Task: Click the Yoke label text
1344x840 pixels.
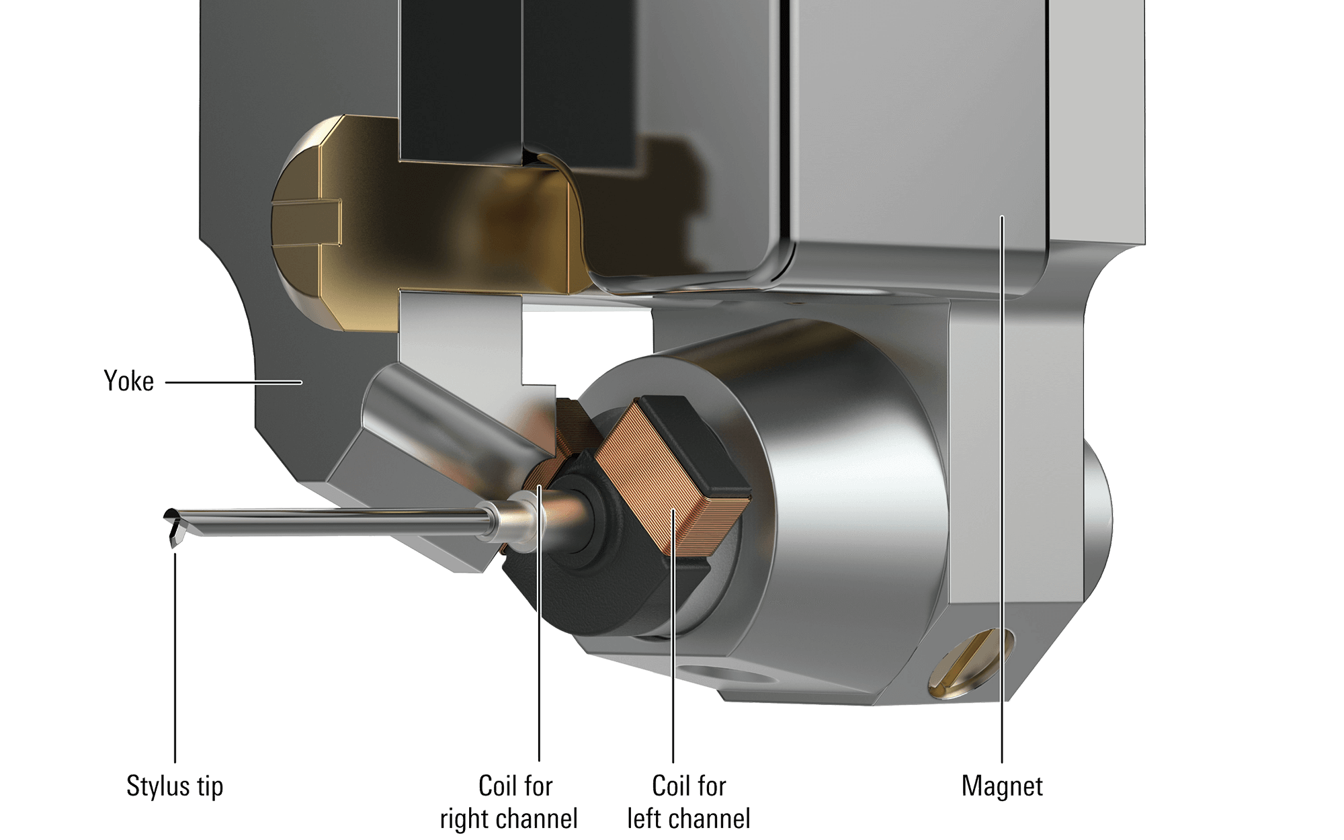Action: tap(128, 382)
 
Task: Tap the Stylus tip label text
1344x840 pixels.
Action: tap(175, 786)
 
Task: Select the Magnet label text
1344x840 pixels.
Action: tap(1002, 786)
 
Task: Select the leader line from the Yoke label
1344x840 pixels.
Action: tap(234, 382)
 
